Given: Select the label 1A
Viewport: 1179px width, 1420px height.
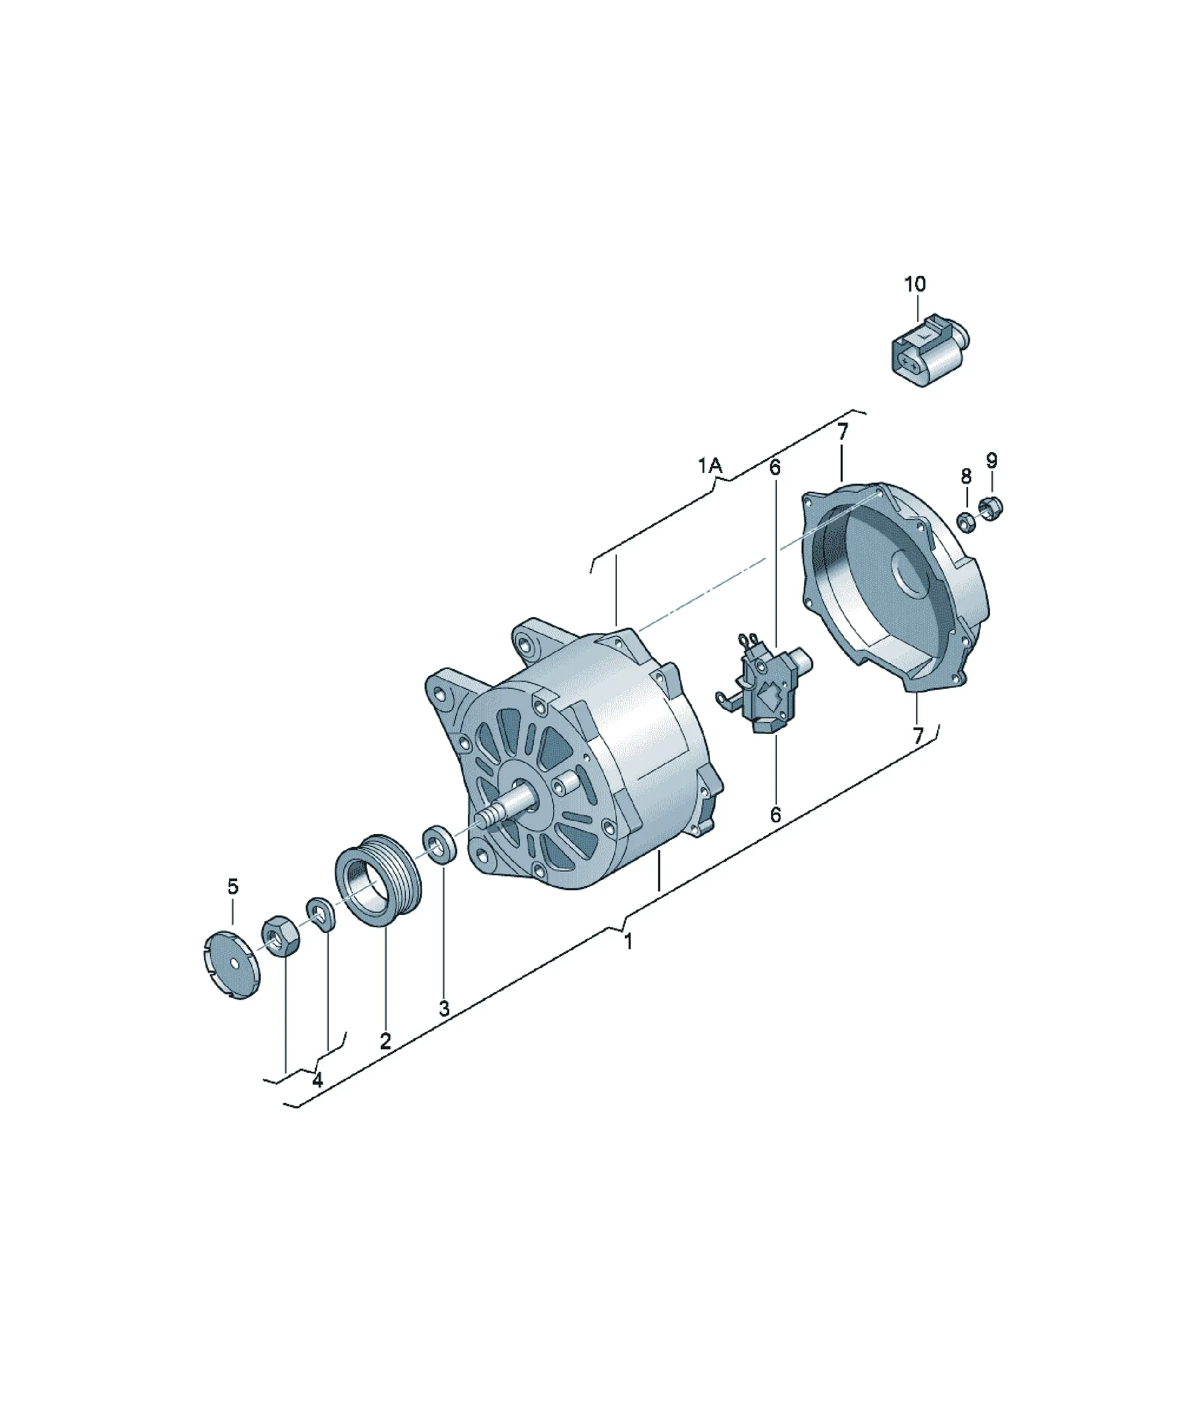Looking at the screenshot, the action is (x=711, y=465).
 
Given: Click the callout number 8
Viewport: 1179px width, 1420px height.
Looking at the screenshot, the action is (x=966, y=476).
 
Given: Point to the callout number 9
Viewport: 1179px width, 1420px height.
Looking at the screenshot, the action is (x=991, y=461).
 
